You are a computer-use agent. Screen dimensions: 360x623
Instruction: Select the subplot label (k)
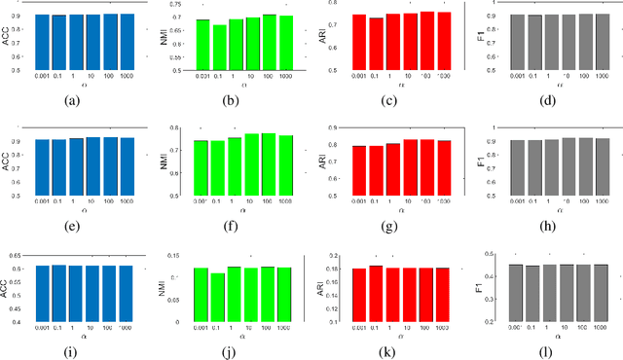coord(387,343)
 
